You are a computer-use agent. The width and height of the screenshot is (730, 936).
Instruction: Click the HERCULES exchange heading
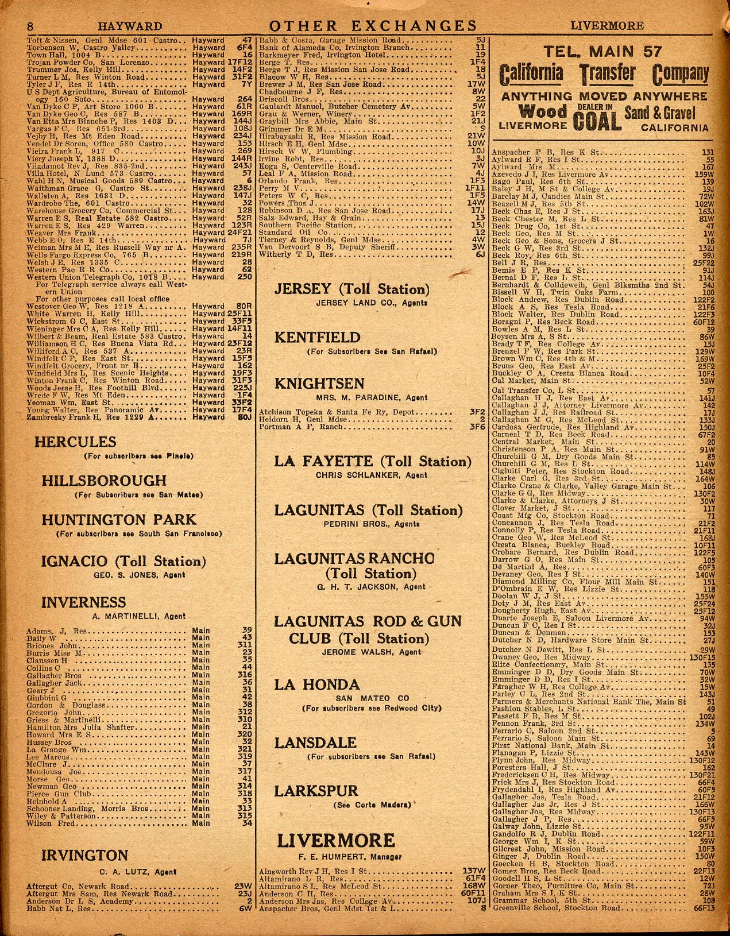75,442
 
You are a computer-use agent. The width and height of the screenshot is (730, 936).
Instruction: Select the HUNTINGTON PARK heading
119,520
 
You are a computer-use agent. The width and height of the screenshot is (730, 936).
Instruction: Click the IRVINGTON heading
85,856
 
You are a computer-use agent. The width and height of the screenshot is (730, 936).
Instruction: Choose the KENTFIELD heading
317,337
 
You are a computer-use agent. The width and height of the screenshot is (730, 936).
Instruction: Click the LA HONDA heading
317,684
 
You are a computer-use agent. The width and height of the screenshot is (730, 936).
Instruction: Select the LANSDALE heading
315,742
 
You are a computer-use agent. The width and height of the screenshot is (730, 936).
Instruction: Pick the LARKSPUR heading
316,791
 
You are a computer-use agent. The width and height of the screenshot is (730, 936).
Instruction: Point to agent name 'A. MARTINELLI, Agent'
139,616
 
